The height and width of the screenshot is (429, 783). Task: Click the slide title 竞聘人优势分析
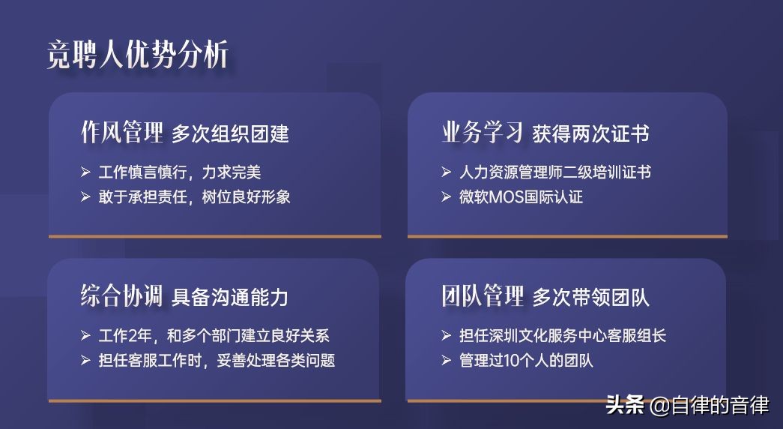138,54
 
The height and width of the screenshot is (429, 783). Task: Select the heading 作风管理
121,133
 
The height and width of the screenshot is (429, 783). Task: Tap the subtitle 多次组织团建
230,134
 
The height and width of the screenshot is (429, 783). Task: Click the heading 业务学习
482,133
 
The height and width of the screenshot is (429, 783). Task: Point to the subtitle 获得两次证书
590,134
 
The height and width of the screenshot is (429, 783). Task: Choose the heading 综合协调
121,295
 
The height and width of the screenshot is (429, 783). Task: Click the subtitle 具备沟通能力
230,297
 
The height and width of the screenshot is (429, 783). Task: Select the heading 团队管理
482,295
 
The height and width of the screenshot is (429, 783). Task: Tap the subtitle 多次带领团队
590,297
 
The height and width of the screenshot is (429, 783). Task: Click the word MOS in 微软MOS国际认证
515,197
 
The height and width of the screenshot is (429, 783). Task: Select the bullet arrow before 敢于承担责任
85,196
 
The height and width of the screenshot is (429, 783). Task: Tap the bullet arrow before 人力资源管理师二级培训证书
446,172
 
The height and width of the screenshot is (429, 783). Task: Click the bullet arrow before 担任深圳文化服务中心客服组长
446,335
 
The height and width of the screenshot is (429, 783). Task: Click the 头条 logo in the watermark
625,406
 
